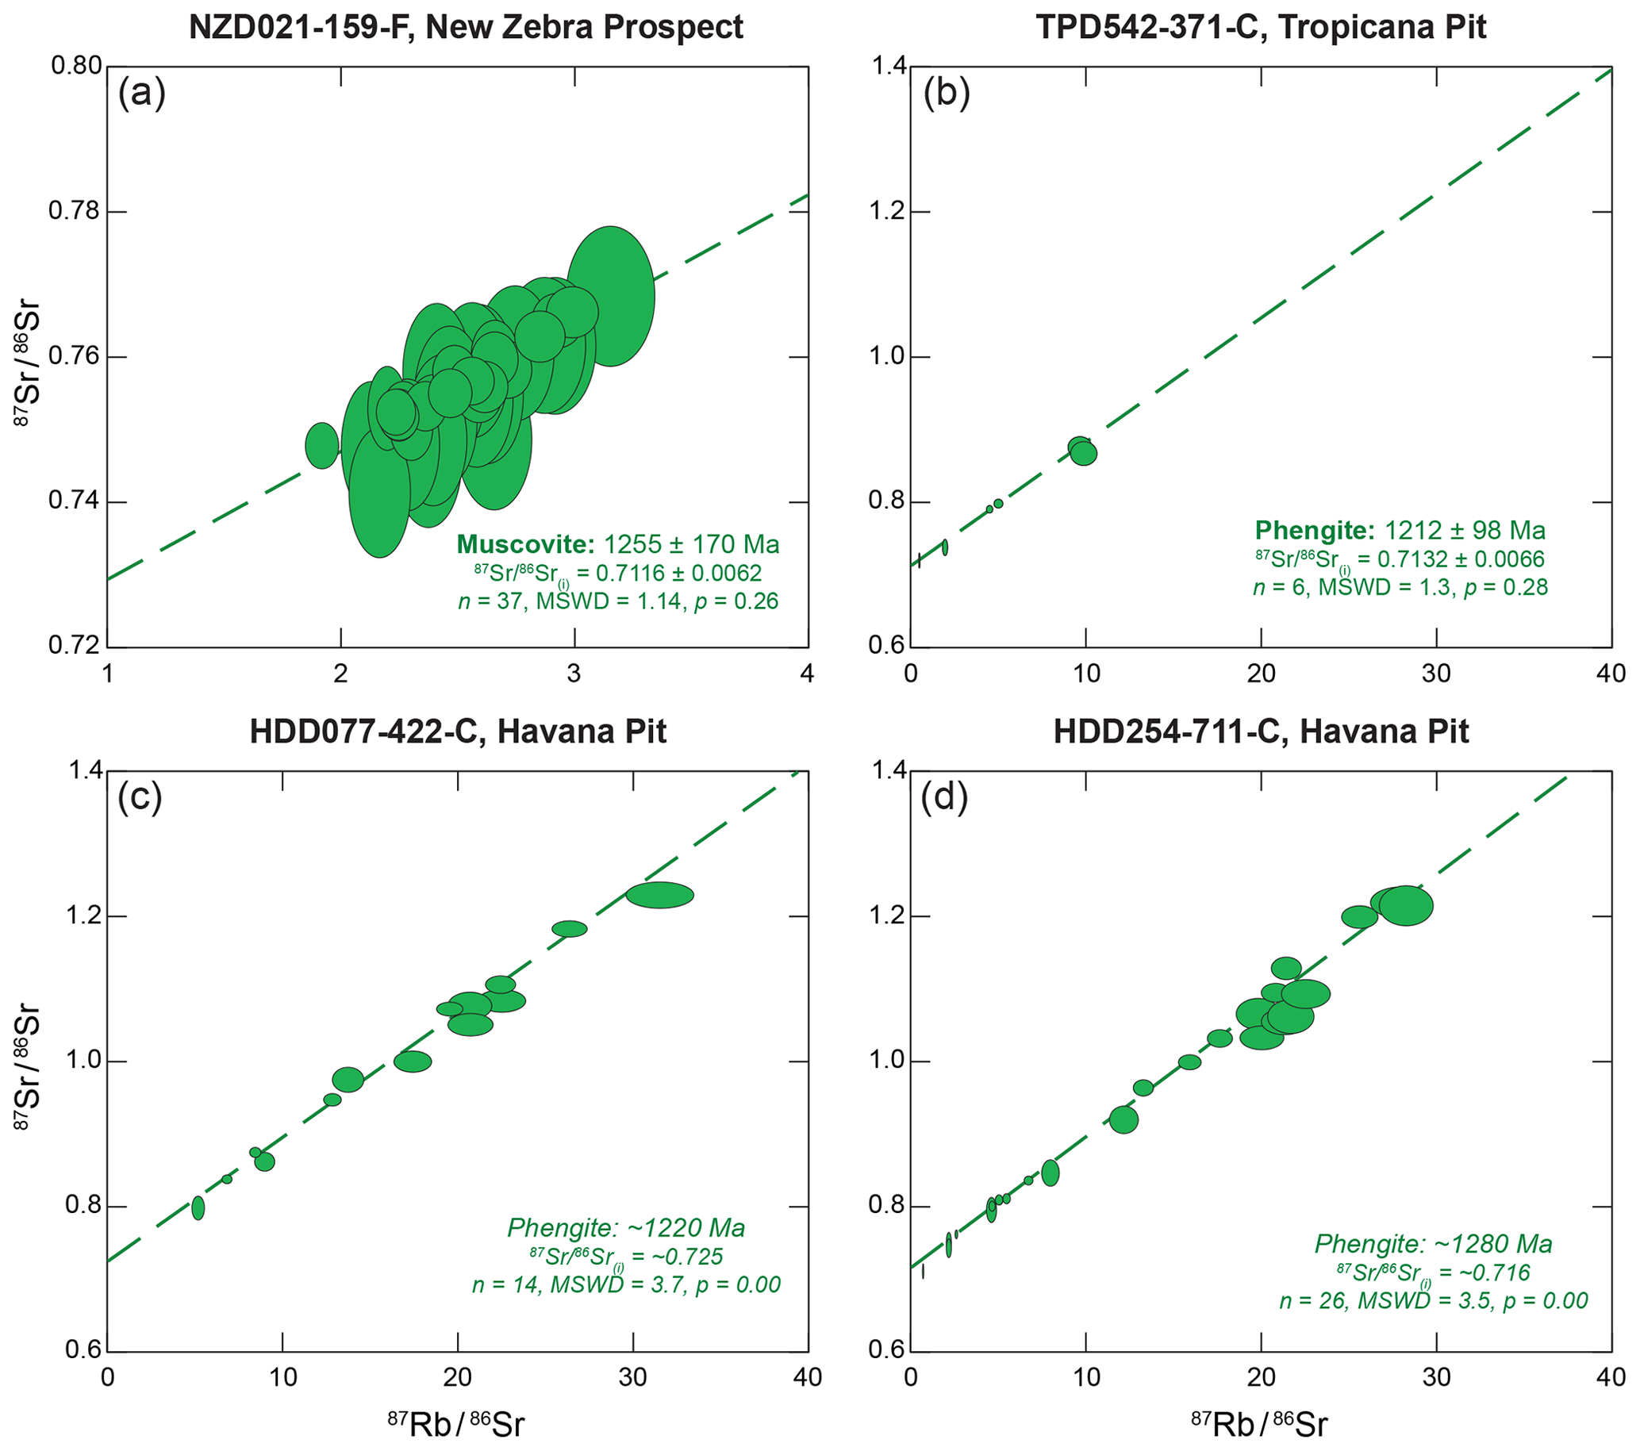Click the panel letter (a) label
(x=142, y=94)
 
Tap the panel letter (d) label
(x=944, y=798)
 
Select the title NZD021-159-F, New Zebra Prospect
(x=466, y=27)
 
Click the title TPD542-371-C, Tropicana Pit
(x=1261, y=27)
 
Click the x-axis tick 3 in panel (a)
(x=574, y=673)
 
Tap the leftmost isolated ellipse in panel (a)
(x=322, y=445)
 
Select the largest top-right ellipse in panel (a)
(x=611, y=296)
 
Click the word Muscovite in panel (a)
(x=525, y=545)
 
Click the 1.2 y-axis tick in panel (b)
(x=887, y=212)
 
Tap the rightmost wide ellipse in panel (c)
(x=659, y=895)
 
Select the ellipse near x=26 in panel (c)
(x=570, y=929)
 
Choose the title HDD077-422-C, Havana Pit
(x=458, y=731)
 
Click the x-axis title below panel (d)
(x=1260, y=1424)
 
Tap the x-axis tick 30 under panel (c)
(x=633, y=1377)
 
